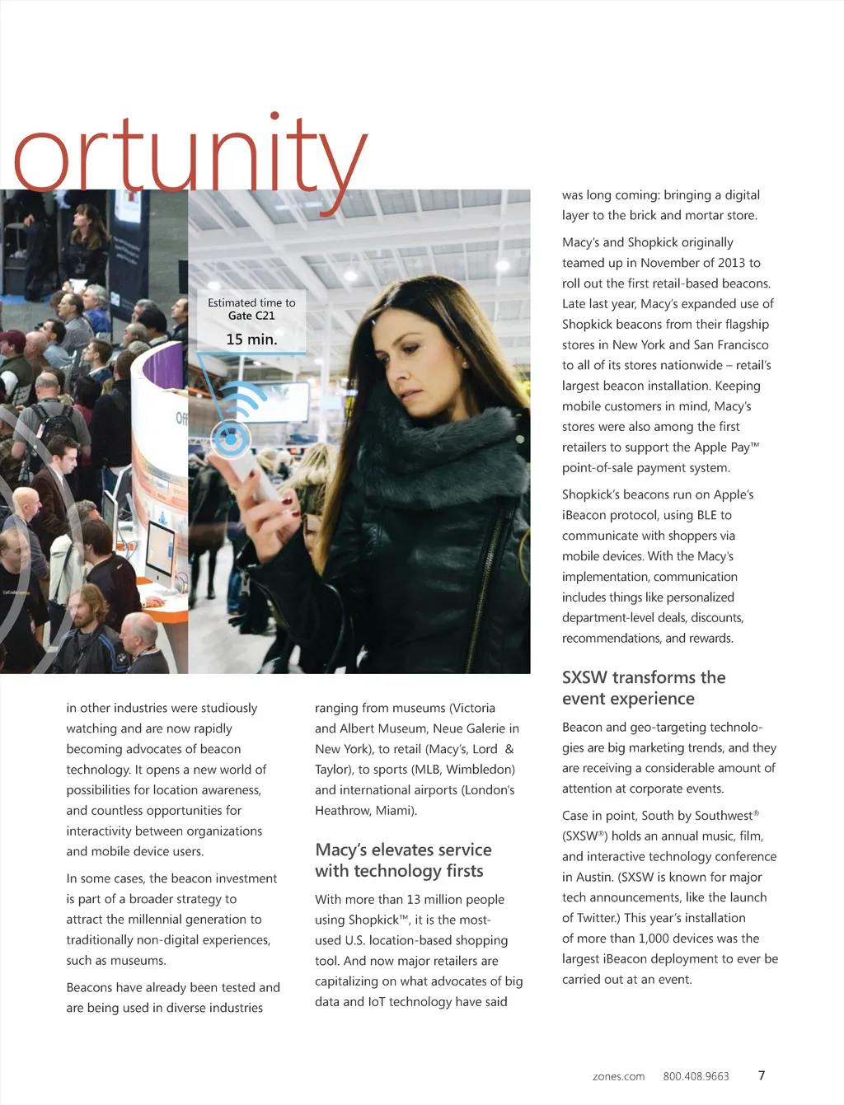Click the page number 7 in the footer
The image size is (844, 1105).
point(762,1075)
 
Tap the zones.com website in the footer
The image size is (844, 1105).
point(618,1076)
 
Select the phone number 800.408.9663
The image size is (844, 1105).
point(696,1076)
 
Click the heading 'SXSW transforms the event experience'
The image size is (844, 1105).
point(644,688)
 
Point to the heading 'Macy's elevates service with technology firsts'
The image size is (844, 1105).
point(403,860)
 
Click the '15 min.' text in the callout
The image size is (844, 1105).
point(251,339)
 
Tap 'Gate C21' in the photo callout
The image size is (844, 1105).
point(251,316)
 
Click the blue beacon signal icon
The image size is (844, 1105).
point(234,428)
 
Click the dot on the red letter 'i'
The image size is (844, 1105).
point(274,117)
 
